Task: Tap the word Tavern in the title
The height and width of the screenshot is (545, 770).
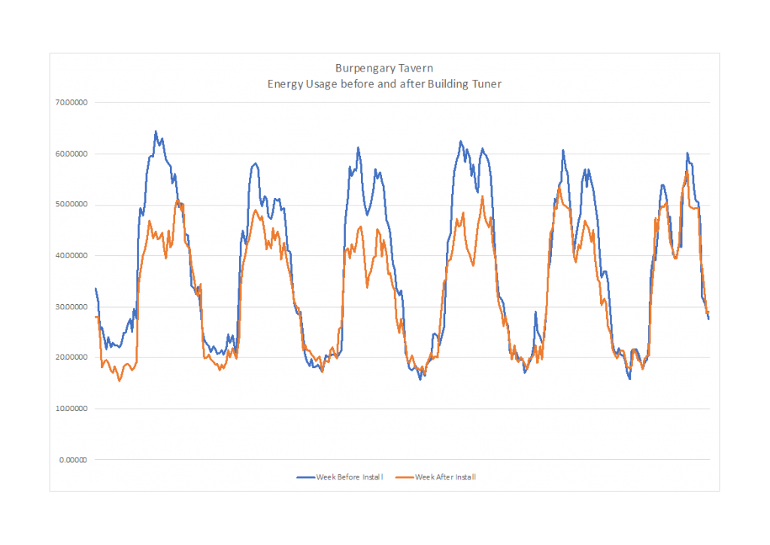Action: (x=417, y=68)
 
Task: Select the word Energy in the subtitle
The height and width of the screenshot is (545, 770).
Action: (x=284, y=84)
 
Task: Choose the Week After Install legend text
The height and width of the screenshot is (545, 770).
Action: (x=446, y=476)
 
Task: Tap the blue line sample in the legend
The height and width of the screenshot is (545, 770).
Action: (x=305, y=476)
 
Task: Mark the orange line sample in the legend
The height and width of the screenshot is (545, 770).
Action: (x=405, y=476)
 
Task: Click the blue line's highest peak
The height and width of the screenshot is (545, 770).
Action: (x=156, y=132)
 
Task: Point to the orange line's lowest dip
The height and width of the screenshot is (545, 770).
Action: (x=119, y=381)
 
